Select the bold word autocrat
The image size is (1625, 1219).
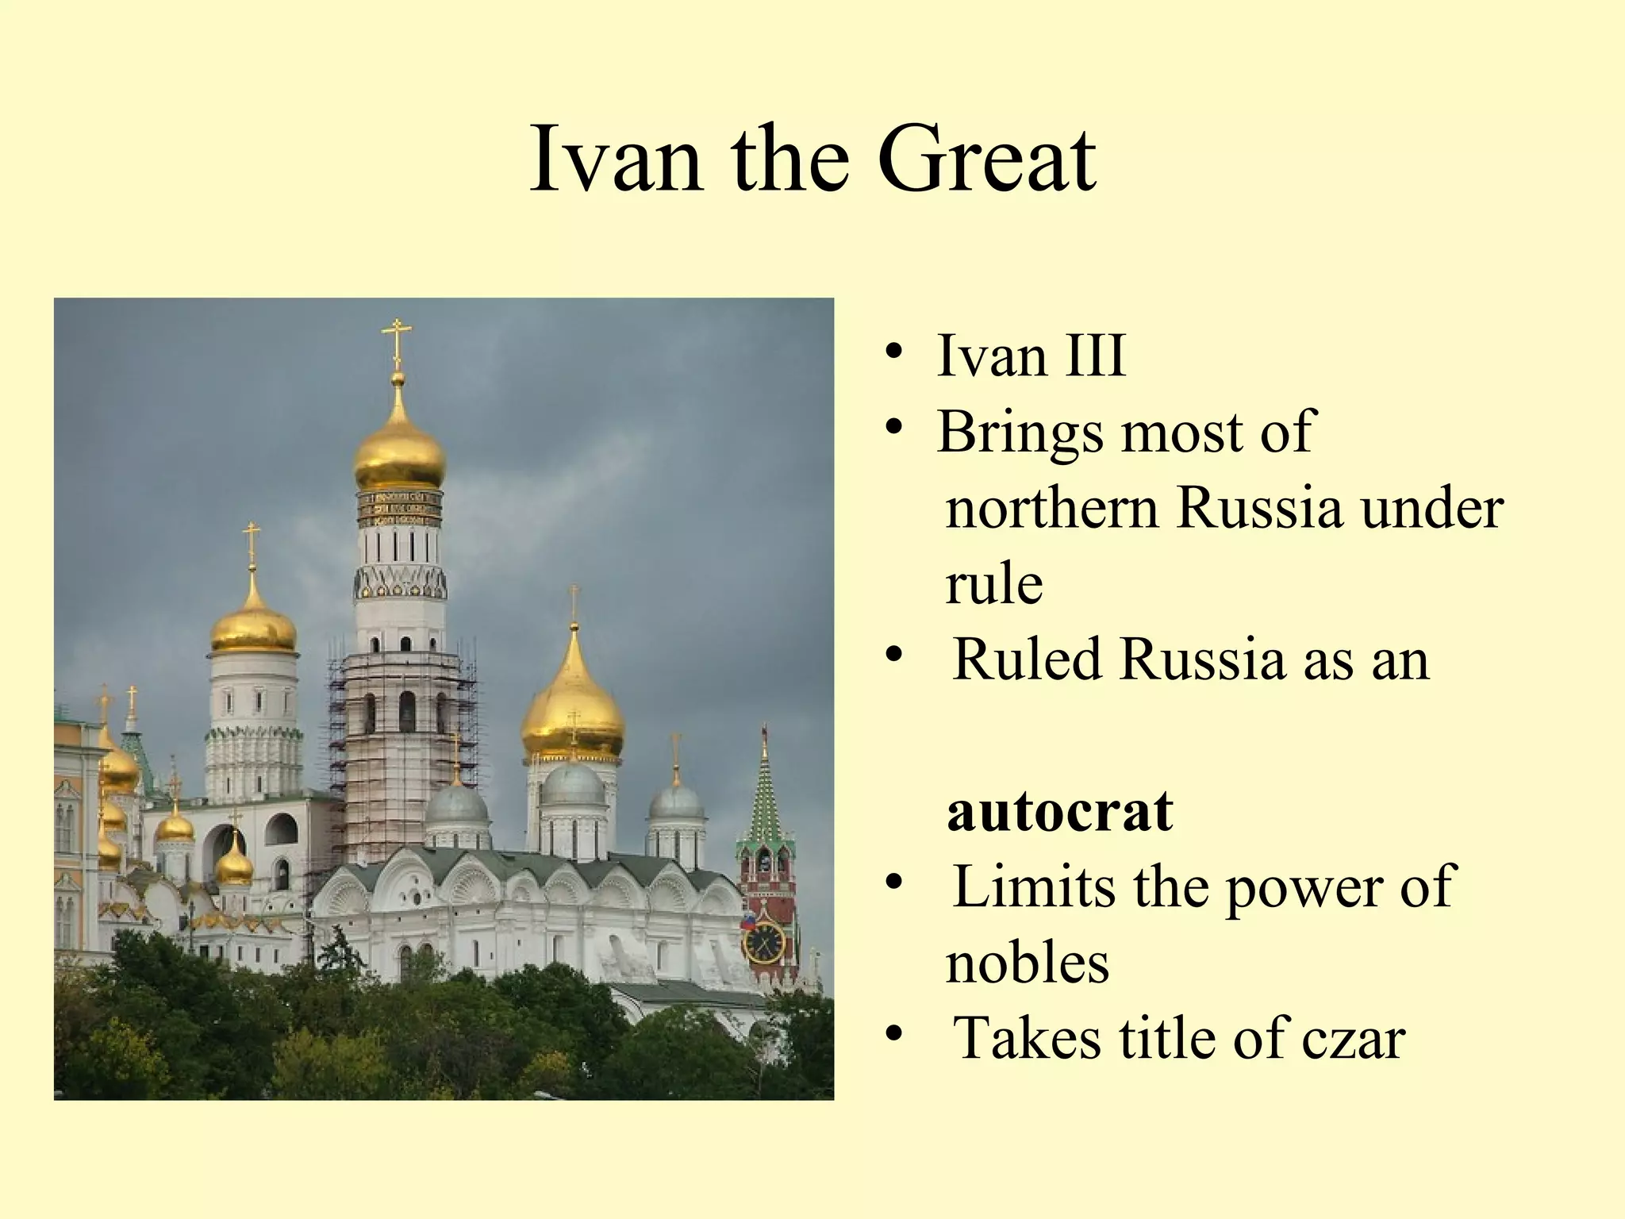[1059, 812]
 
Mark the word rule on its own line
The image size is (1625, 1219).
[993, 585]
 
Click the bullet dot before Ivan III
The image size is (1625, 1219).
[894, 353]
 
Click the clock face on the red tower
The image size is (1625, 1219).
[763, 942]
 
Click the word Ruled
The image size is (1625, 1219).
[1028, 660]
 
